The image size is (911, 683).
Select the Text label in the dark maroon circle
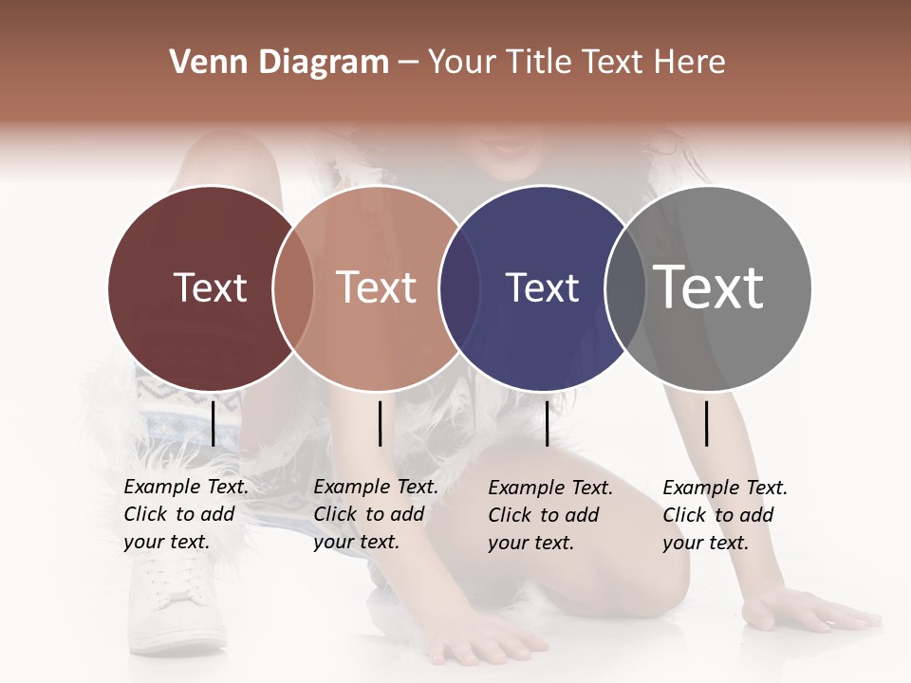click(210, 288)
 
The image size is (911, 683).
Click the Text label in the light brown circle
click(376, 288)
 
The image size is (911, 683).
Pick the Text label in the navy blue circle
click(542, 288)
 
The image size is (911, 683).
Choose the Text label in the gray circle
click(709, 288)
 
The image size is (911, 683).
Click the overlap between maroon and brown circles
click(293, 288)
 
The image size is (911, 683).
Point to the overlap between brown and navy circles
click(459, 288)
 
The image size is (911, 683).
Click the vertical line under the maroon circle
click(213, 423)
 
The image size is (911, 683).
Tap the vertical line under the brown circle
click(380, 423)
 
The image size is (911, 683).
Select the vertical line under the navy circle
click(547, 423)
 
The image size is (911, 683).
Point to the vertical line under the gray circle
click(706, 423)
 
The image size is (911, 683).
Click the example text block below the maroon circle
click(185, 514)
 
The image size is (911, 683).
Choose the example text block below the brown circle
click(375, 514)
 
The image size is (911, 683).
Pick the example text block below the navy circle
click(549, 515)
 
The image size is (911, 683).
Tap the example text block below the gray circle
click(724, 515)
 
